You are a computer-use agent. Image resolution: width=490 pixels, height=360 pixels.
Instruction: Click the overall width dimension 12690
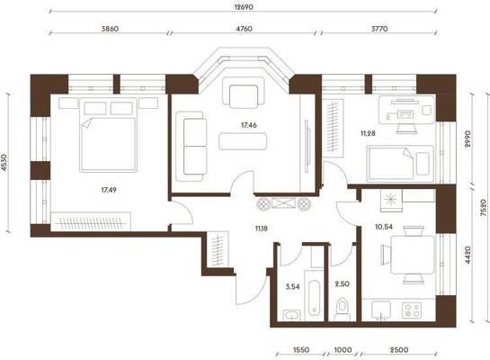pos(244,7)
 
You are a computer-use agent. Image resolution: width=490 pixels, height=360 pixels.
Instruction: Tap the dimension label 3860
pos(110,29)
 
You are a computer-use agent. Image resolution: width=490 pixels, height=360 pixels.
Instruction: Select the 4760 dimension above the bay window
pos(244,29)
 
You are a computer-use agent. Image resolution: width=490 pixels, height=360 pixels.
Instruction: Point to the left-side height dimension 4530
pos(4,163)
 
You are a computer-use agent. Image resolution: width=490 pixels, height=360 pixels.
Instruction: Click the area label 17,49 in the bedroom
pos(109,190)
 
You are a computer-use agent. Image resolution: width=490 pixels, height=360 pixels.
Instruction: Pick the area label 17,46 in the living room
pos(249,125)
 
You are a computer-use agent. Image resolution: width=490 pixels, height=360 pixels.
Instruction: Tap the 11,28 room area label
pos(368,133)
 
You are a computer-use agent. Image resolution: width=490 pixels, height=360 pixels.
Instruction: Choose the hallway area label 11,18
pos(262,229)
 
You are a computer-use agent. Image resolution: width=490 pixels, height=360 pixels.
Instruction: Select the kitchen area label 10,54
pos(384,227)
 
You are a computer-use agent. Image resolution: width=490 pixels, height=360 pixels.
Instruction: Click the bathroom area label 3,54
pos(293,286)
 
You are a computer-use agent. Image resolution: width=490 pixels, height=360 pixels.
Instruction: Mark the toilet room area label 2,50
pos(343,284)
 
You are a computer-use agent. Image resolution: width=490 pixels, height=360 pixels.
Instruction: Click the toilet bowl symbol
pos(343,309)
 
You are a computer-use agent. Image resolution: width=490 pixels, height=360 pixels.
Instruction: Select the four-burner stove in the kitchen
pos(412,310)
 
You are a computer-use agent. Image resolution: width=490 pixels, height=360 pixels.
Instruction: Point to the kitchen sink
pos(381,310)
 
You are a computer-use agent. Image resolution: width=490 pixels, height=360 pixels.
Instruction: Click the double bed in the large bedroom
pos(108,135)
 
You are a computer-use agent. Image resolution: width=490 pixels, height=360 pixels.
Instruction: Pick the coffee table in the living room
pos(243,141)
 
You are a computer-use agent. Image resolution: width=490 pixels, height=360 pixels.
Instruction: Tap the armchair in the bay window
pos(244,92)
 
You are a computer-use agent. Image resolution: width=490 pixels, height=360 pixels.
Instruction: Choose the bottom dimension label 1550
pos(301,350)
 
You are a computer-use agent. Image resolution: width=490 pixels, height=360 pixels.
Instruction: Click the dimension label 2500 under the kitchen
pos(399,350)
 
